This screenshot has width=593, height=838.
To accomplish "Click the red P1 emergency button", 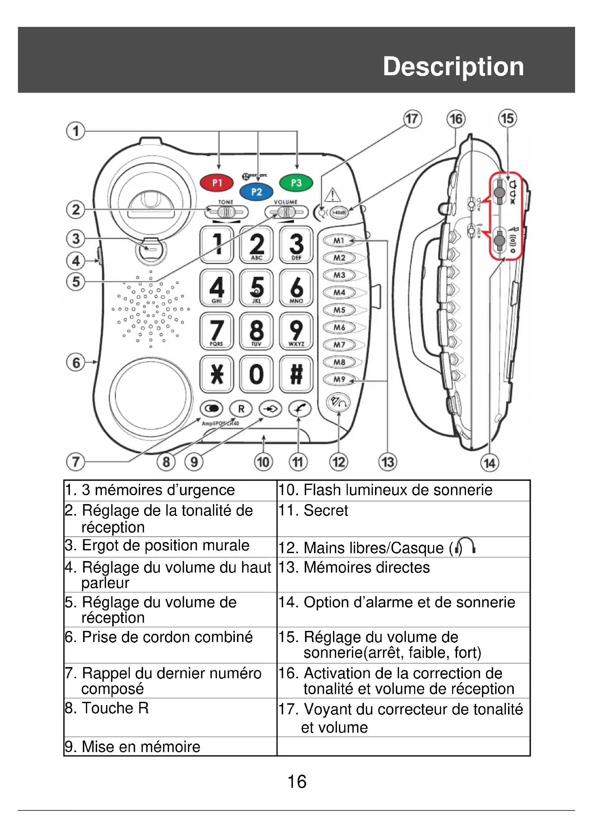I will click(x=217, y=183).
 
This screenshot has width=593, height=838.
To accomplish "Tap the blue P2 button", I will click(x=256, y=192).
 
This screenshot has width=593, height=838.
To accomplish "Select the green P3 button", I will click(x=296, y=183).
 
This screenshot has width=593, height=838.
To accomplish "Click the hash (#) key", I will click(x=296, y=374).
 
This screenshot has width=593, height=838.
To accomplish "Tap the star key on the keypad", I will click(x=217, y=374).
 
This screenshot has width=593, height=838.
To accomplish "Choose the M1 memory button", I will click(x=339, y=241).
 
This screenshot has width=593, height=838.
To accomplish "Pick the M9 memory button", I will click(x=339, y=379).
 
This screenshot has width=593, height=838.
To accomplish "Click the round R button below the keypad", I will click(x=241, y=409).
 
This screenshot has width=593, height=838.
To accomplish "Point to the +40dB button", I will click(x=339, y=212).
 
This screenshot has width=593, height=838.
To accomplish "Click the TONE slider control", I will click(x=226, y=212).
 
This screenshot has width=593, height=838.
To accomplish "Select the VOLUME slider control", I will click(x=286, y=212).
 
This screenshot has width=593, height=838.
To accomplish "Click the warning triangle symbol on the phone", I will click(x=332, y=195).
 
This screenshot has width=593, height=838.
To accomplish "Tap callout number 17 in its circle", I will click(x=412, y=119).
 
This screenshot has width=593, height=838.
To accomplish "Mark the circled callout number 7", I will click(x=76, y=462).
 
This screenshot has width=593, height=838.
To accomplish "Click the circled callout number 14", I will click(x=489, y=463).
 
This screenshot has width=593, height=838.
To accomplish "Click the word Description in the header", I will click(x=453, y=66).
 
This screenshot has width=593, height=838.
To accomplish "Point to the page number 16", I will click(x=297, y=782).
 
